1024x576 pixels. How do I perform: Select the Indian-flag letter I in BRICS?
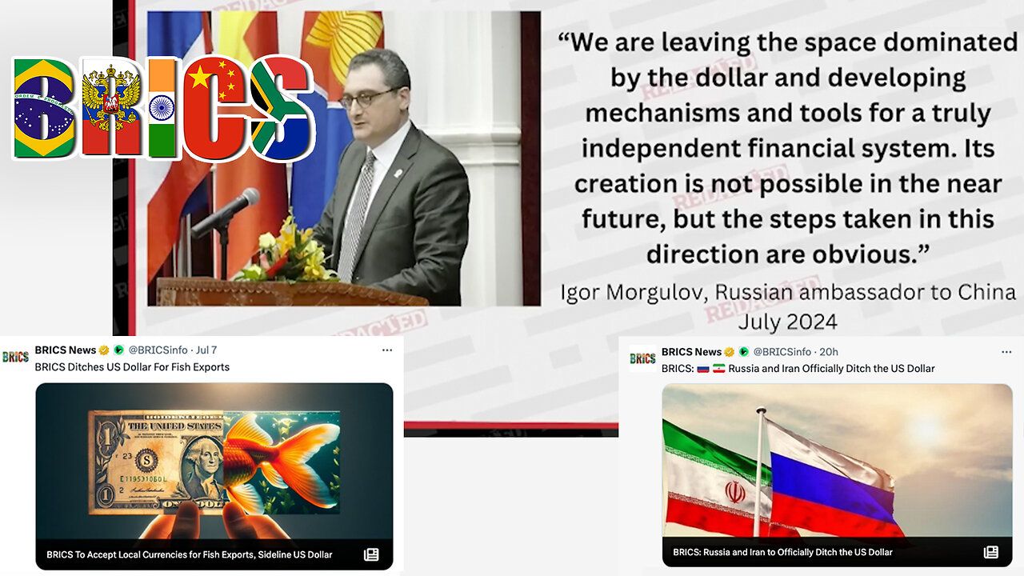coord(162,108)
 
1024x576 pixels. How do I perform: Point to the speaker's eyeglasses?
coord(370,98)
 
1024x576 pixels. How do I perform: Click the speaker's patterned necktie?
coord(357,215)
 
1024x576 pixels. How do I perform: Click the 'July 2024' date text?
coord(788,322)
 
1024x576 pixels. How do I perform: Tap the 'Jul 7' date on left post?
coord(206,350)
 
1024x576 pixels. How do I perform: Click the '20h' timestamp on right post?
coord(828,352)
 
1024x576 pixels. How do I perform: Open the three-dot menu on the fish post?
coord(386,350)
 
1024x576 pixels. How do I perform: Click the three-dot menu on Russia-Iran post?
coord(1006,352)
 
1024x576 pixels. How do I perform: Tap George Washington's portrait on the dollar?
coord(203,466)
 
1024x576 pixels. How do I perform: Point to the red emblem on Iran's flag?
coord(734,493)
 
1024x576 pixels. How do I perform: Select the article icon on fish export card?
coord(371,555)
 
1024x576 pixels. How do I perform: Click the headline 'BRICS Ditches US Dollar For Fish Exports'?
coord(132,367)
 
